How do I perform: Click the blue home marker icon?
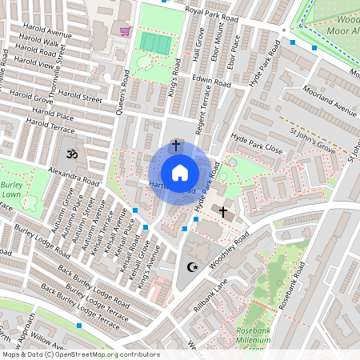click(180, 172)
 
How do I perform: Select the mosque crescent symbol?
click(191, 267)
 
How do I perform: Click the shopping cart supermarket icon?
click(125, 32)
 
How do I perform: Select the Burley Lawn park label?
click(10, 190)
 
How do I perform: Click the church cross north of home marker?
click(175, 147)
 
